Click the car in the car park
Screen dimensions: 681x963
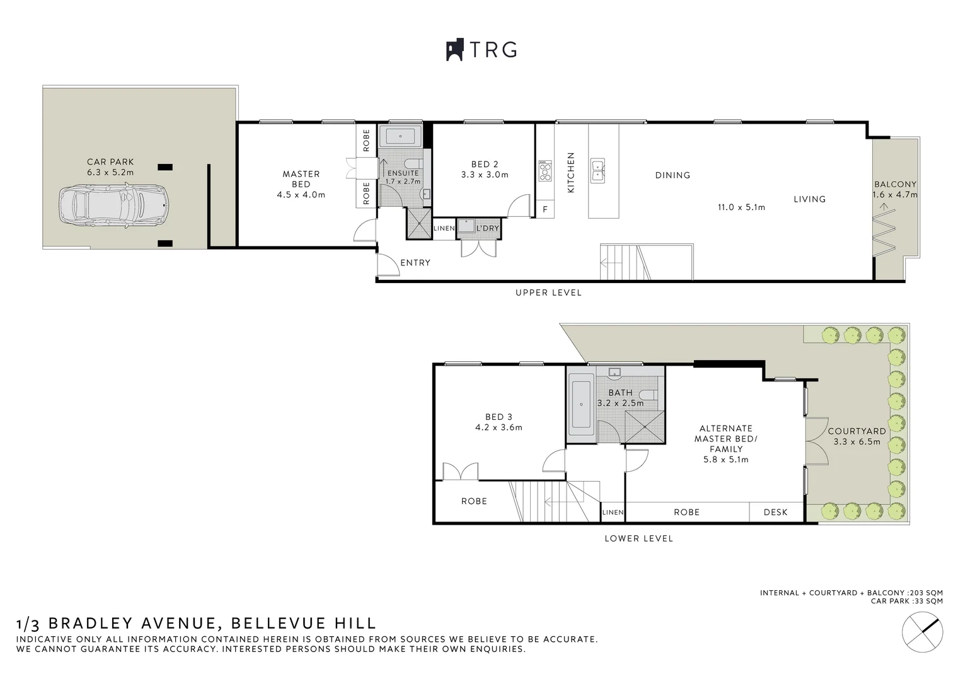coord(114,205)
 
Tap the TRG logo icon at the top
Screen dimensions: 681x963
coord(454,50)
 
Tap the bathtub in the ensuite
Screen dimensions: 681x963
coord(400,136)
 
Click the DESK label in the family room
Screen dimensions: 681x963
coord(775,512)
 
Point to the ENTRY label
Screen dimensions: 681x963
coord(415,262)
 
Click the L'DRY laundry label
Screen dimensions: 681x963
coord(487,228)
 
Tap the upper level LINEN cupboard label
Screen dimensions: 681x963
coord(444,228)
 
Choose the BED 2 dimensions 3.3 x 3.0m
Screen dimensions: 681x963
coord(485,175)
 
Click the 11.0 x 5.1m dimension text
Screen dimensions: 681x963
coord(741,207)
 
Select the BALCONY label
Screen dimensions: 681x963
coord(895,184)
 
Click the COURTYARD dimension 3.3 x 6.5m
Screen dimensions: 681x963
coord(856,441)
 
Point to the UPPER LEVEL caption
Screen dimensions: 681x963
coord(548,293)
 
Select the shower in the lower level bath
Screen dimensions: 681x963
coord(645,428)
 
